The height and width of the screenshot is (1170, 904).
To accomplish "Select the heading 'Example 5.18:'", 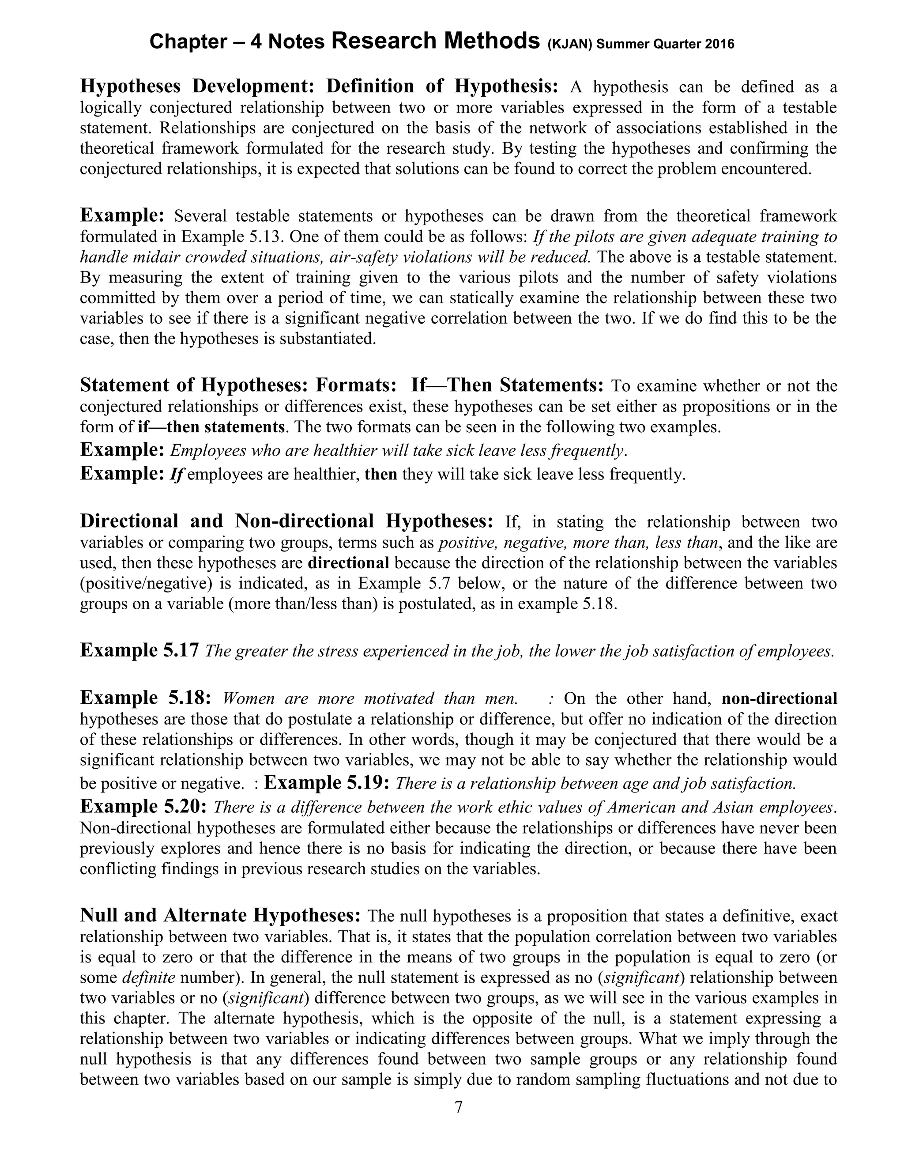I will [146, 698].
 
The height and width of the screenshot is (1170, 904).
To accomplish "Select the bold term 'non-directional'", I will [779, 698].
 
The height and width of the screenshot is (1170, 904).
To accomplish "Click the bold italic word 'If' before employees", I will [177, 475].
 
